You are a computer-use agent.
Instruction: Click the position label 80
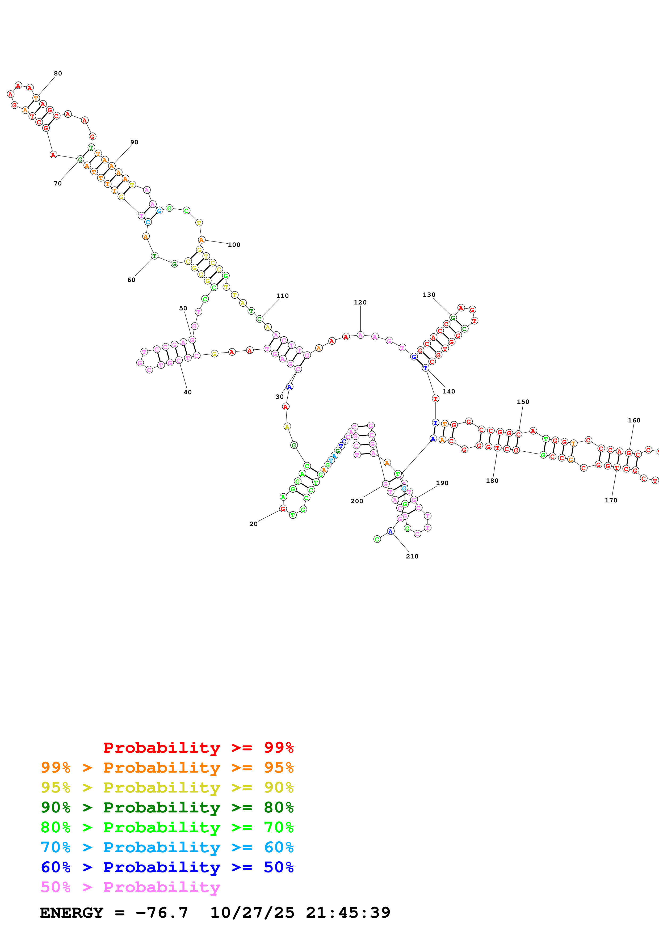(x=58, y=74)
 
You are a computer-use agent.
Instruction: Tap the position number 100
(x=234, y=245)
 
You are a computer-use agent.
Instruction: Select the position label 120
(x=360, y=302)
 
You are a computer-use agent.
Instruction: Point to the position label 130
(x=429, y=295)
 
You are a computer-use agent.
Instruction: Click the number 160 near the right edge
(x=634, y=421)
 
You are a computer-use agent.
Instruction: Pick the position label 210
(x=412, y=557)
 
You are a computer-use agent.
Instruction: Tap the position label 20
(x=253, y=524)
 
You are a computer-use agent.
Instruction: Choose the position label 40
(x=188, y=392)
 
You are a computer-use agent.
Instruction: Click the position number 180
(x=492, y=481)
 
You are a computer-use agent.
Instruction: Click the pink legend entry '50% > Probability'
(x=130, y=887)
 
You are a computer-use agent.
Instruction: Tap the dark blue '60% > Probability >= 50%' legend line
(x=167, y=867)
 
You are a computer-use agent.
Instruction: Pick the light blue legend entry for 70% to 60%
(x=167, y=848)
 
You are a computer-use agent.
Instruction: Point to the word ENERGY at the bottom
(x=72, y=913)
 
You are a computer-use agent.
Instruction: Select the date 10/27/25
(x=252, y=913)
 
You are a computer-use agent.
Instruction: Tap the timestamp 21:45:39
(x=348, y=913)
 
